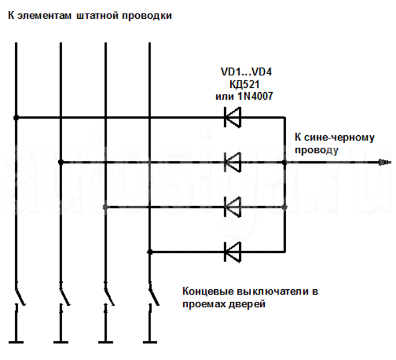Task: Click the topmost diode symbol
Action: pos(233,118)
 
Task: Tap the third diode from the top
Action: pos(233,207)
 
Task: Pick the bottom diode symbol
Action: pos(233,251)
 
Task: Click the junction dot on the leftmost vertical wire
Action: pos(16,118)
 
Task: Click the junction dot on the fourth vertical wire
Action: pos(149,251)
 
